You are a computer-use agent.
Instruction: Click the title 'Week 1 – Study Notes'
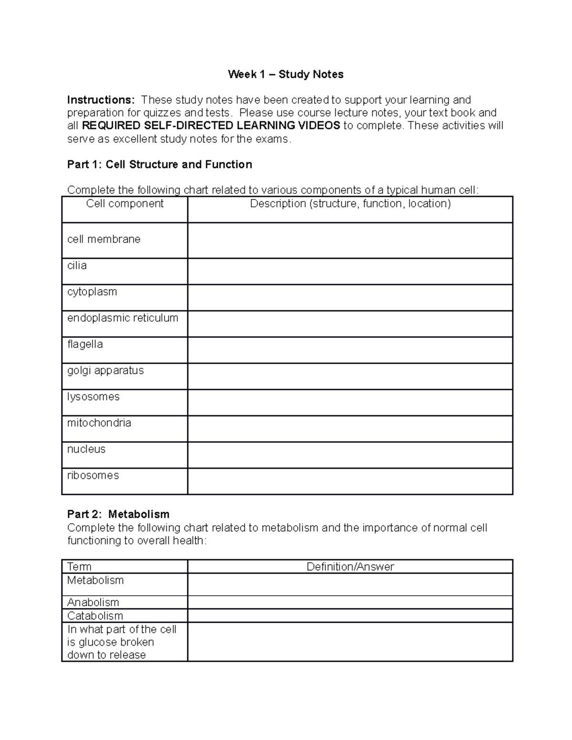pos(286,74)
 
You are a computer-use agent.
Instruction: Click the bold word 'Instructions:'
pos(101,100)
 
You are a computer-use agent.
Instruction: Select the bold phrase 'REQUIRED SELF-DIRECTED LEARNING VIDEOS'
pos(211,126)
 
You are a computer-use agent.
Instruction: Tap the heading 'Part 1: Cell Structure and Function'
pos(160,165)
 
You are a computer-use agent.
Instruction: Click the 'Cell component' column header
pos(125,204)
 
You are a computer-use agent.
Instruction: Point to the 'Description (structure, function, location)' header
pos(350,204)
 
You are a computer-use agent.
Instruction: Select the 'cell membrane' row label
pos(104,239)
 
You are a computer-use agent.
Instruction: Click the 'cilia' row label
pos(77,265)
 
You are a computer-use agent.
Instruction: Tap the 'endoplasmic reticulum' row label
pos(123,318)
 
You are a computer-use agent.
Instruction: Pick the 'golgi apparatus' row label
pos(105,370)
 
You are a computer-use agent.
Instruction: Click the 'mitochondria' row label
pos(99,423)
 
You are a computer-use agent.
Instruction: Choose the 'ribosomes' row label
pos(93,475)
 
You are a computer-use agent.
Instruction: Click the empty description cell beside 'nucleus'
pos(350,455)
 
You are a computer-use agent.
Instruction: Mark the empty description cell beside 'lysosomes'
pos(350,403)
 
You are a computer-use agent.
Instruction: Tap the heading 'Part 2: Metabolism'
pos(118,515)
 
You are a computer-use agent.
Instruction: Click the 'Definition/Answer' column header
pos(350,567)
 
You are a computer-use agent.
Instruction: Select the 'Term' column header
pos(79,567)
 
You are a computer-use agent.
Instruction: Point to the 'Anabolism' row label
pos(93,602)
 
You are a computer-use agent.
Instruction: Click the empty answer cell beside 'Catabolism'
pos(350,616)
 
